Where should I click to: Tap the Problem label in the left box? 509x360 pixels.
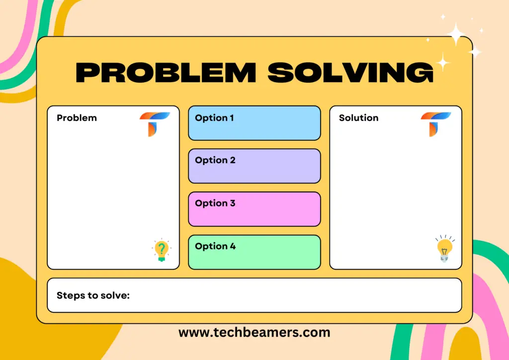pos(77,118)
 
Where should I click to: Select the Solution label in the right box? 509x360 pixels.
pos(358,118)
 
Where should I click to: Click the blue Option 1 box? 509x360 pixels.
pos(254,123)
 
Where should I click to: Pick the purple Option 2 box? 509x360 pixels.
pos(254,166)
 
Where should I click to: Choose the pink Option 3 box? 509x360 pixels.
pos(254,209)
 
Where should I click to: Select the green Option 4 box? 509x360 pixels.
pos(254,252)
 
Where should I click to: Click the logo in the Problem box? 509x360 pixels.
pos(154,123)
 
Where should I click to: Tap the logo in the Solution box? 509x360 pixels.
pos(435,123)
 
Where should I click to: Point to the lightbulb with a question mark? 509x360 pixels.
pos(161,251)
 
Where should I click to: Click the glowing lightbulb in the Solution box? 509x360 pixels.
pos(444,249)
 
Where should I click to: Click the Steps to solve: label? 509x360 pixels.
pos(93,295)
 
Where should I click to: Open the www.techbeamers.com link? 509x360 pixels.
pos(254,332)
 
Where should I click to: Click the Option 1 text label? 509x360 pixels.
pos(214,118)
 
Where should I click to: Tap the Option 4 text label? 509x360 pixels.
pos(215,246)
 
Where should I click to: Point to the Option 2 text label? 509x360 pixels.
pos(215,160)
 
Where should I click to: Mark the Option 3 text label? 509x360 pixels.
pos(215,203)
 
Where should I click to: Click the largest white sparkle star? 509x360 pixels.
pos(456,34)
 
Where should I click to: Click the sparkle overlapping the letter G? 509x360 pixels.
pos(442,63)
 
